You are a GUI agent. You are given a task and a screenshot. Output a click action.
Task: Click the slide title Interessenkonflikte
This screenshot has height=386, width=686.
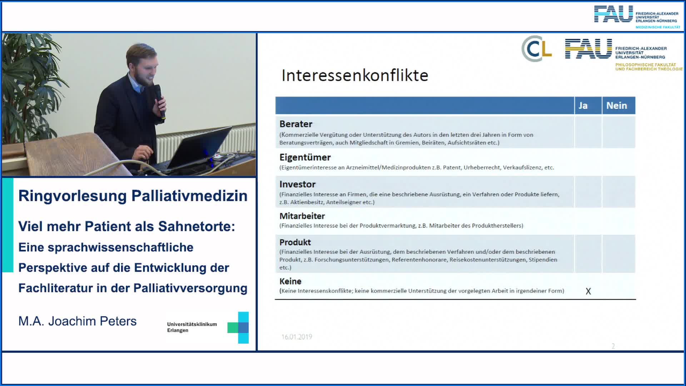tap(355, 75)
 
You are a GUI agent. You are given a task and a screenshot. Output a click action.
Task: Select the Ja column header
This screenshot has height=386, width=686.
tap(583, 105)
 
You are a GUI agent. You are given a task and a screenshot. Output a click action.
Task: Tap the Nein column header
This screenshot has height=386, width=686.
tap(617, 105)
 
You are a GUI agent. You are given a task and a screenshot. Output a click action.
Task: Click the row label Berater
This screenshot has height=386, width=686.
tap(296, 124)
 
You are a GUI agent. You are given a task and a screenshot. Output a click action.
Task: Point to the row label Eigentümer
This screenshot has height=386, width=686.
tap(305, 157)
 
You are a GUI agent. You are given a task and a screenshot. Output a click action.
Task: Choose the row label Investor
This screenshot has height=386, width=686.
tap(297, 184)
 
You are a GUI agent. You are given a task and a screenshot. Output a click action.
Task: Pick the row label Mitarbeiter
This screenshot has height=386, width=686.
tap(302, 216)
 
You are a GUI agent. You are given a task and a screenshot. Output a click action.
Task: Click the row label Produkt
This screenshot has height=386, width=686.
tap(295, 242)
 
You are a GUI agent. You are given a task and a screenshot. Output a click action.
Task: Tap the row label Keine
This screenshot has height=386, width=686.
tap(290, 281)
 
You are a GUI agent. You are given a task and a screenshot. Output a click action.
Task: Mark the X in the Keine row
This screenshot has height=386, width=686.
tap(588, 291)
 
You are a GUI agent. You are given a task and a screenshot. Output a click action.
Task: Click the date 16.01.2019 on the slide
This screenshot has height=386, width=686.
tap(297, 337)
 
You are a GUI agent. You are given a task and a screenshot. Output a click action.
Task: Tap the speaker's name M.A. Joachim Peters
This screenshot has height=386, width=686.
tap(78, 321)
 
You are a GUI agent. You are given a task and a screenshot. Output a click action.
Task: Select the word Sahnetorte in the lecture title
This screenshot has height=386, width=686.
tap(197, 226)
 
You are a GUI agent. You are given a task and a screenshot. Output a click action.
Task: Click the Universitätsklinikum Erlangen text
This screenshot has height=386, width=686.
tap(192, 327)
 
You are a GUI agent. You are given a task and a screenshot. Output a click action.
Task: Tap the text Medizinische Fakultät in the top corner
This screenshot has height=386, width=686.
tap(658, 27)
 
